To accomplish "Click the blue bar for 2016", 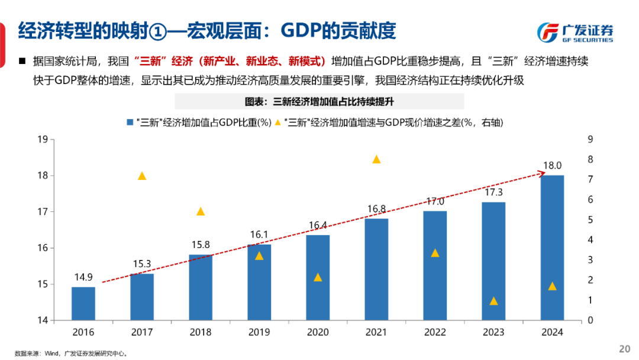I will pyautogui.click(x=83, y=304).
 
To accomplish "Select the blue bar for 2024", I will pyautogui.click(x=552, y=247).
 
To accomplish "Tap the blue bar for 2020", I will pyautogui.click(x=318, y=278).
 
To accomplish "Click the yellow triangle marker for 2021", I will pyautogui.click(x=376, y=159).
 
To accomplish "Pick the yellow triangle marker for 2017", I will pyautogui.click(x=142, y=176).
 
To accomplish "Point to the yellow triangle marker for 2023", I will pyautogui.click(x=493, y=301).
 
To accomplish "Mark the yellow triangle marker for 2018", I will pyautogui.click(x=201, y=211).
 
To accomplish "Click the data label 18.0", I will pyautogui.click(x=552, y=166).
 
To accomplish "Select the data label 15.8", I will pyautogui.click(x=201, y=245).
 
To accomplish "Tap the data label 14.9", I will pyautogui.click(x=83, y=277).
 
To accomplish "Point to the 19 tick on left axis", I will pyautogui.click(x=42, y=140).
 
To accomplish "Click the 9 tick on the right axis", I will pyautogui.click(x=589, y=140).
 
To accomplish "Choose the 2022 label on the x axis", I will pyautogui.click(x=435, y=333).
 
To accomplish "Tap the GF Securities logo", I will pyautogui.click(x=575, y=32).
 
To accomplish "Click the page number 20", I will pyautogui.click(x=624, y=348).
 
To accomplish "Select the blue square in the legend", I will pyautogui.click(x=130, y=123).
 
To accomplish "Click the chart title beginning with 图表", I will pyautogui.click(x=319, y=101).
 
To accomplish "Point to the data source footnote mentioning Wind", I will pyautogui.click(x=71, y=353).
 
